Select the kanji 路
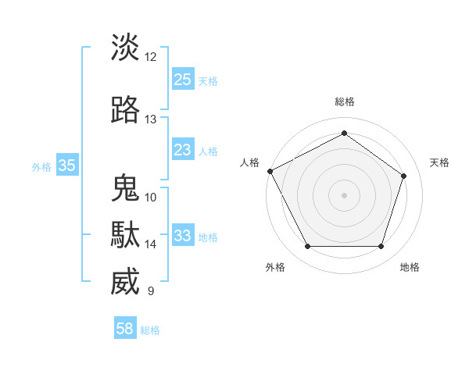click(x=125, y=110)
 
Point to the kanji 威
click(x=125, y=282)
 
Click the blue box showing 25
click(x=182, y=80)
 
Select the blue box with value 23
click(x=182, y=150)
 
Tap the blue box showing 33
click(x=182, y=236)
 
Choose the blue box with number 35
click(x=66, y=165)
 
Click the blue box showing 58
click(x=125, y=329)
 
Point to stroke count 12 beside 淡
click(x=151, y=56)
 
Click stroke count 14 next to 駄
click(x=151, y=244)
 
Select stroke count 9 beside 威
click(x=151, y=291)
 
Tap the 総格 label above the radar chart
click(x=344, y=102)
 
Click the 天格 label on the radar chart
click(x=439, y=162)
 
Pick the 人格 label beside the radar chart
click(x=249, y=162)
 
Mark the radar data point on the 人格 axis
click(x=270, y=171)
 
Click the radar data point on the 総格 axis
click(x=344, y=133)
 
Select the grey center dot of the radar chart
click(x=344, y=194)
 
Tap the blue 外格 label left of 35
click(x=41, y=166)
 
